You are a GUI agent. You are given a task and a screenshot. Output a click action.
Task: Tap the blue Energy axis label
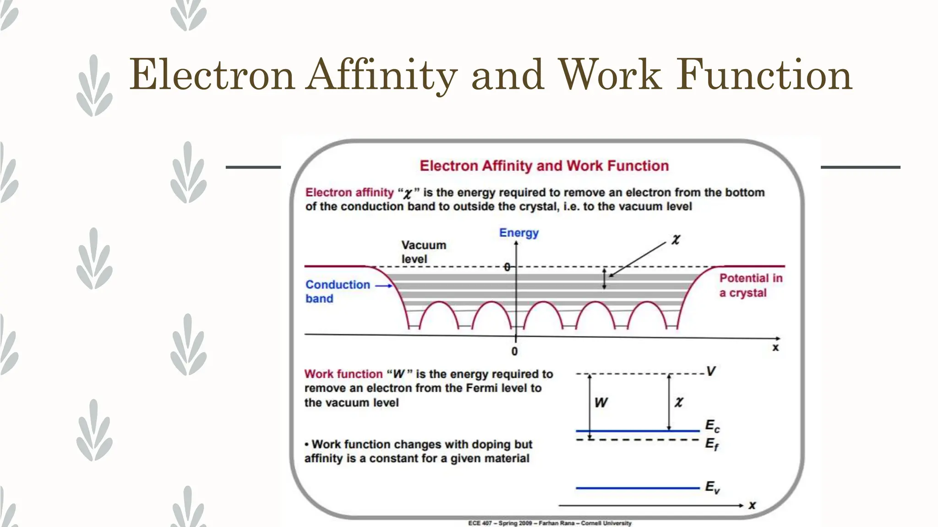[518, 233]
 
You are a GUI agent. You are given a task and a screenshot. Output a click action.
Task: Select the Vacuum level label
[423, 252]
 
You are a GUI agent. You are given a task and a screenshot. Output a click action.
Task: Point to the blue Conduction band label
[338, 291]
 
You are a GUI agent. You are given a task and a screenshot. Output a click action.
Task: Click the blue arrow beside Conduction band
[384, 286]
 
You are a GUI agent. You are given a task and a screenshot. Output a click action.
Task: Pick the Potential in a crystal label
[751, 285]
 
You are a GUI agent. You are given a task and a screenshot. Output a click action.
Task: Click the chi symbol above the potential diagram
[676, 239]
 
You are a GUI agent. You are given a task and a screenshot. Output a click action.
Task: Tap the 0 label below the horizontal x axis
[514, 351]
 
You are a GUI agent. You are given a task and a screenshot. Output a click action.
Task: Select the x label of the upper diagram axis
[775, 348]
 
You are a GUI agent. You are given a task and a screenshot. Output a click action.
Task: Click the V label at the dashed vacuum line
[710, 371]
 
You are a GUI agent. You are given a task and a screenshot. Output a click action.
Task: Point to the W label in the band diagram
[600, 403]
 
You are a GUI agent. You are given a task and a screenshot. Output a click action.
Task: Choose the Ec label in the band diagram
[712, 426]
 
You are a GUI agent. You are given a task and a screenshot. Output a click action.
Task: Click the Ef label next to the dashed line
[712, 444]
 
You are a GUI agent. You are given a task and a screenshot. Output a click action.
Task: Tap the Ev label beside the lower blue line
[712, 487]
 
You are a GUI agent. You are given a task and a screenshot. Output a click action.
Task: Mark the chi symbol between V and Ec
[679, 402]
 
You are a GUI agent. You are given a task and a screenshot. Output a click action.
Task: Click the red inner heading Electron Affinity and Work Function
[544, 166]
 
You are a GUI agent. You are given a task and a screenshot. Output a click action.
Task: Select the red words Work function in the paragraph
[343, 374]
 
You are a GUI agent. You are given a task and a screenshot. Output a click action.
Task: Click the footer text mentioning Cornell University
[550, 523]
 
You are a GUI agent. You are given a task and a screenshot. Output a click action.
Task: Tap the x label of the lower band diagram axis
[752, 505]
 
